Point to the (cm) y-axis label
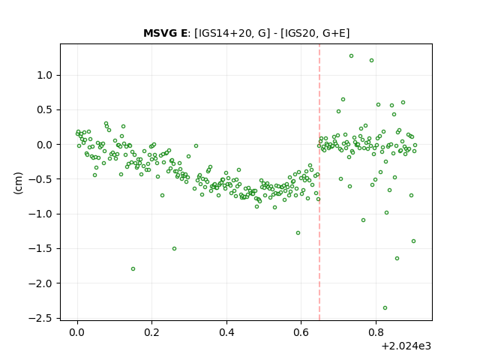click(x=18, y=183)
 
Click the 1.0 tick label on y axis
click(x=44, y=75)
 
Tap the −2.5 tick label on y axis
click(x=40, y=318)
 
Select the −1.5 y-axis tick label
click(x=40, y=249)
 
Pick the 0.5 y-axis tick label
click(x=44, y=110)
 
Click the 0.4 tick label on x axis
click(x=226, y=332)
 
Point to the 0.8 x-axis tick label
click(x=376, y=332)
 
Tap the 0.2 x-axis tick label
click(x=151, y=332)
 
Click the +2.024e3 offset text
click(x=406, y=346)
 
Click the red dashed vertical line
click(x=319, y=182)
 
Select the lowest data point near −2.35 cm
click(x=385, y=308)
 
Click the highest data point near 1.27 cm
click(x=352, y=56)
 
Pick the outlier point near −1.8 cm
click(x=133, y=269)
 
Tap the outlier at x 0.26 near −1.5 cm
click(x=175, y=249)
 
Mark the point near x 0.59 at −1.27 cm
click(x=298, y=233)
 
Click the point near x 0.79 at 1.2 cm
click(x=372, y=61)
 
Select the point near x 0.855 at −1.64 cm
click(x=397, y=258)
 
